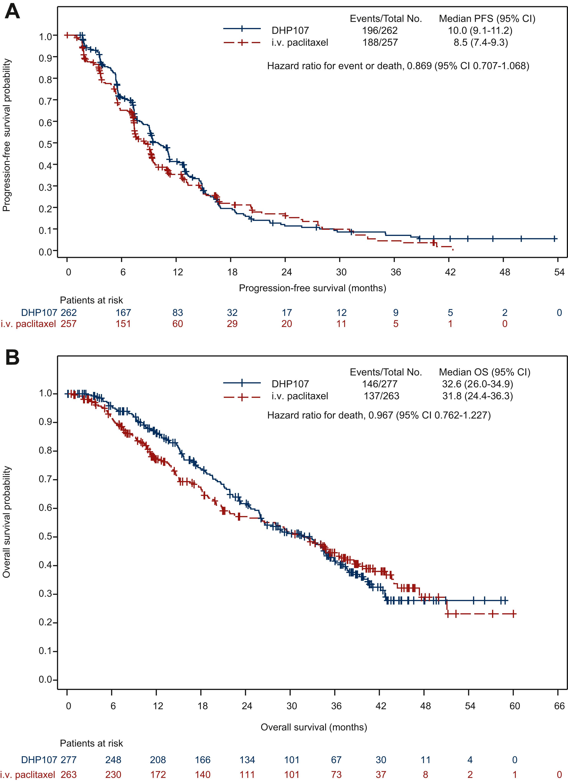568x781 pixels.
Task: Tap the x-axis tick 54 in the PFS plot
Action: pyautogui.click(x=559, y=272)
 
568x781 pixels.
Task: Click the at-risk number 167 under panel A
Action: pyautogui.click(x=123, y=312)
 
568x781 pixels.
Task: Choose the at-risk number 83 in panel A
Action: pyautogui.click(x=178, y=312)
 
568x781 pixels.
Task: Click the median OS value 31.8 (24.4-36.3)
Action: pyautogui.click(x=477, y=396)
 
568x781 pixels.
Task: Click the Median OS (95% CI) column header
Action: pyautogui.click(x=485, y=372)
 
